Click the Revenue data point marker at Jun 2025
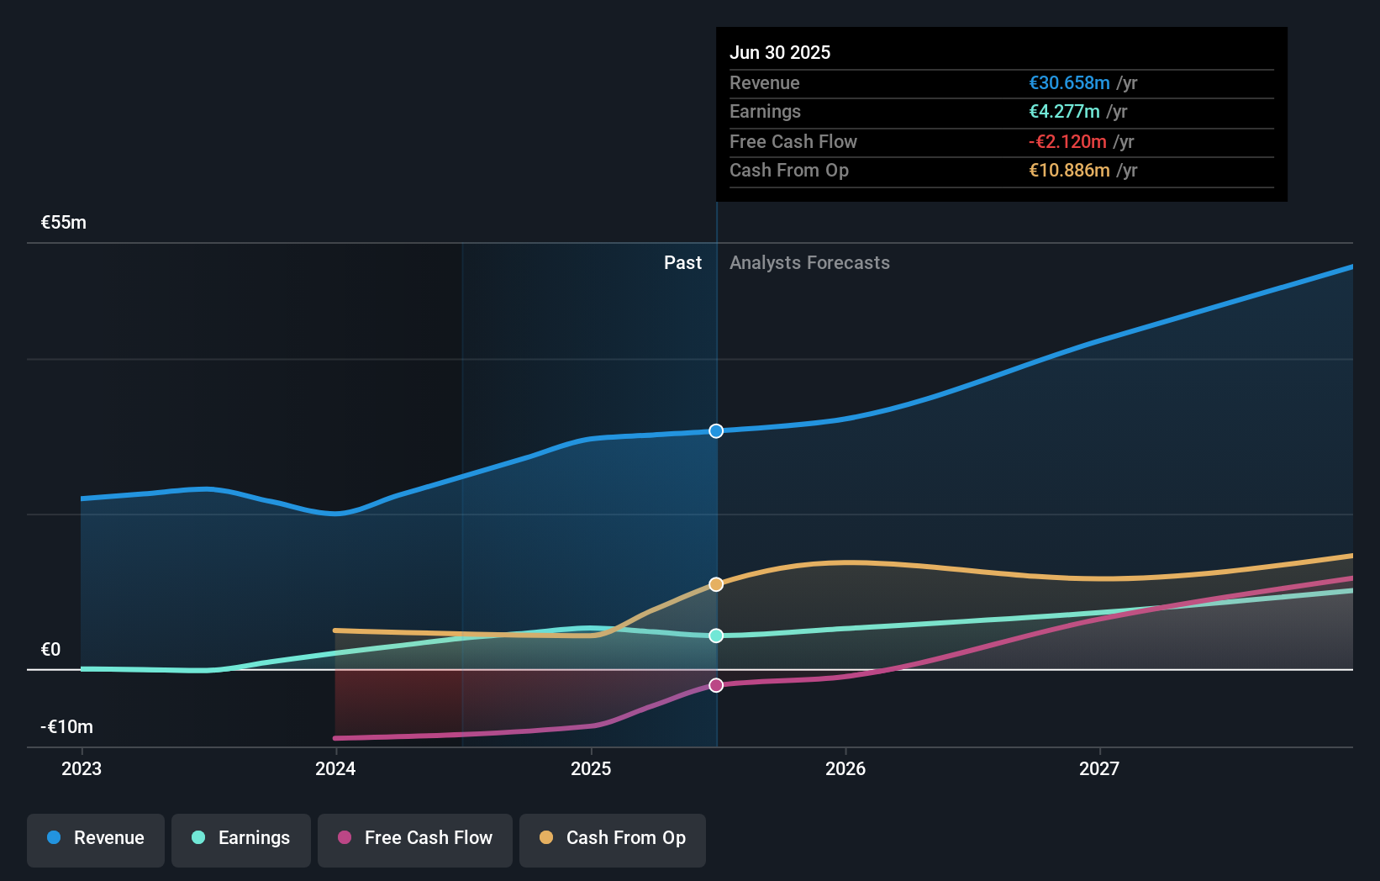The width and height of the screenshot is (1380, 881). click(x=716, y=431)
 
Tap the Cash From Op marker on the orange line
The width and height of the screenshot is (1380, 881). click(x=716, y=584)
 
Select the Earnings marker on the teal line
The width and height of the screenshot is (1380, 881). click(x=716, y=636)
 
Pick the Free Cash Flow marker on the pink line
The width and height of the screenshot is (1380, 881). click(x=716, y=685)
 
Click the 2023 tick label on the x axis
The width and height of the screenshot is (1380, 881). click(x=82, y=768)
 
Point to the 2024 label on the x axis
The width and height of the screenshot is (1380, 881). click(x=335, y=768)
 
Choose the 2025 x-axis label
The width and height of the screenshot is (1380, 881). click(x=591, y=768)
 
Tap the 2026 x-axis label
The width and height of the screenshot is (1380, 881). click(x=845, y=768)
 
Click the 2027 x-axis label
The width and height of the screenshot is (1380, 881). click(x=1099, y=768)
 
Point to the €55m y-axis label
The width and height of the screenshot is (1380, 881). click(x=64, y=223)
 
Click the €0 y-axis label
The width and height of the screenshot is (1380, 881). click(x=51, y=650)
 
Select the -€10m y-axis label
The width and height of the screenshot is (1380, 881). click(x=67, y=727)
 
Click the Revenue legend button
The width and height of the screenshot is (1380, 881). click(x=96, y=838)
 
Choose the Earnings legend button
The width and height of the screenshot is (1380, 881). click(x=241, y=838)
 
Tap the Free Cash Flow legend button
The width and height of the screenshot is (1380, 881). click(x=415, y=838)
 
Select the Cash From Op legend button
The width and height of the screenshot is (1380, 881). click(x=613, y=838)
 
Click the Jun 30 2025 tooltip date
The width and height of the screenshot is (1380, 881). click(x=780, y=53)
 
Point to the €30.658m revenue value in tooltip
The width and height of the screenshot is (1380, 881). click(x=1069, y=83)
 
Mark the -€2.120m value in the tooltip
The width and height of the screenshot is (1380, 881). click(x=1067, y=142)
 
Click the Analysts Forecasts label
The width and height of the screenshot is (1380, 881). click(x=809, y=263)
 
